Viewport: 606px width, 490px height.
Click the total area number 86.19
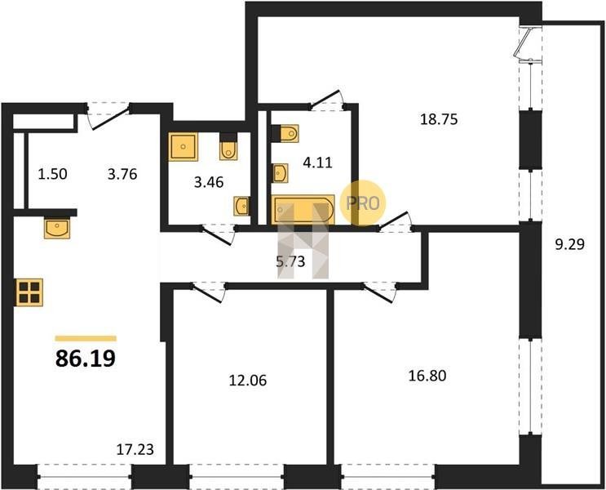(x=86, y=359)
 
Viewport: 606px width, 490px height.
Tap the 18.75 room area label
(x=439, y=119)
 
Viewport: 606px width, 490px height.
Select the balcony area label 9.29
(x=569, y=244)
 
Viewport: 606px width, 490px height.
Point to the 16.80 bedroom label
(x=427, y=376)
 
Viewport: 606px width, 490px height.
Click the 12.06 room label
(x=248, y=381)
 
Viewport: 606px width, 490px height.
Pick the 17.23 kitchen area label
(x=135, y=449)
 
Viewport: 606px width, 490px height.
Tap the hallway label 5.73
(x=290, y=262)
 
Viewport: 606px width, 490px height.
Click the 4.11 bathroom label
(x=318, y=163)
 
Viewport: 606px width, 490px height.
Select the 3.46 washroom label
(x=209, y=182)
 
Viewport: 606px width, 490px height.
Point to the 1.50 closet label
(x=52, y=174)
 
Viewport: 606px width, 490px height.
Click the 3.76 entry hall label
(x=122, y=174)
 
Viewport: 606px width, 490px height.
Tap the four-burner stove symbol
(x=29, y=292)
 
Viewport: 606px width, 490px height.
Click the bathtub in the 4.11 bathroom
(x=303, y=209)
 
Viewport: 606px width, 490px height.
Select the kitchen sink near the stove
(x=57, y=228)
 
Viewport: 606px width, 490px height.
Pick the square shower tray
(x=184, y=147)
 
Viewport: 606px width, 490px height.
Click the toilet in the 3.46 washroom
(x=228, y=149)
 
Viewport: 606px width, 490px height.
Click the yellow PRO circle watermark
(x=362, y=203)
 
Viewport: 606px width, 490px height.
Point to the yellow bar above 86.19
(x=86, y=338)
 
